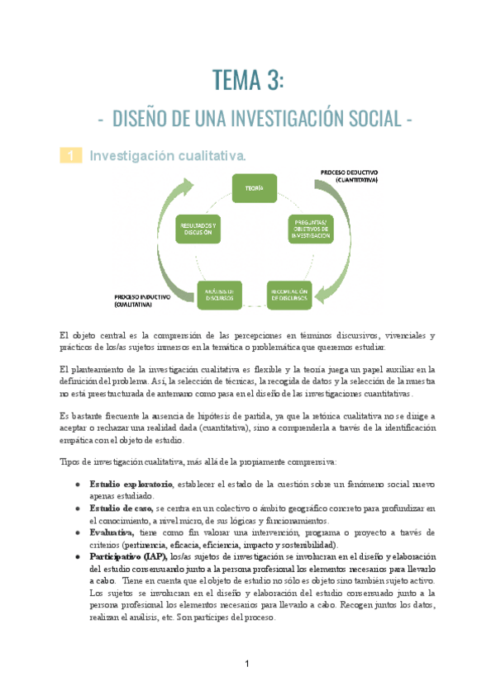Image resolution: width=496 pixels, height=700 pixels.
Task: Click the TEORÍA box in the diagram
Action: coord(254,189)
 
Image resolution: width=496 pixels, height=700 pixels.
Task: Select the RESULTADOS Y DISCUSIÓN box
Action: coord(198,229)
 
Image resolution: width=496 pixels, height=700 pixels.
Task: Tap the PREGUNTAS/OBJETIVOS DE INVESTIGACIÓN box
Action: coord(310,229)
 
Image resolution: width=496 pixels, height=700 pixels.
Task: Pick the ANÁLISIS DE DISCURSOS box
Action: coord(219,294)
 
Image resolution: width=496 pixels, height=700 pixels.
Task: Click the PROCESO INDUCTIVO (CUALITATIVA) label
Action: coord(143,299)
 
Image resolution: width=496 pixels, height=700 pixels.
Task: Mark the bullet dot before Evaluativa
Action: coord(77,533)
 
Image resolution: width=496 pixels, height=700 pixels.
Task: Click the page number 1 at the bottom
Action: coord(247,665)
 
